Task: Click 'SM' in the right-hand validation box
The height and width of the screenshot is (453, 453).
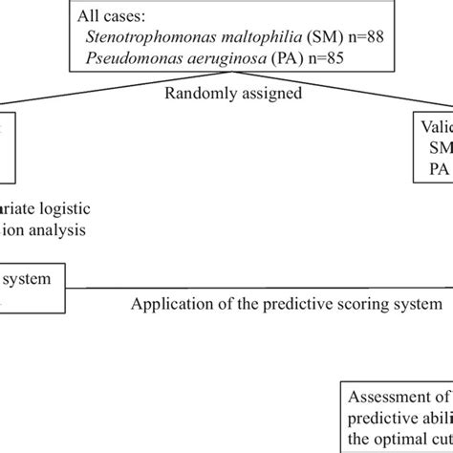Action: click(441, 148)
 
